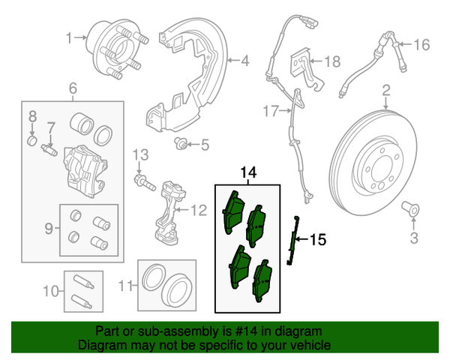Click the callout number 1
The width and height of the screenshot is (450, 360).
(70, 37)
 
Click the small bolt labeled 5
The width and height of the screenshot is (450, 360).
(180, 142)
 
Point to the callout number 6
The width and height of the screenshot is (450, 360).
(73, 91)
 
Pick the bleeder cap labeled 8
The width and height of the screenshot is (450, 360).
(32, 140)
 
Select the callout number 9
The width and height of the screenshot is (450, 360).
(48, 226)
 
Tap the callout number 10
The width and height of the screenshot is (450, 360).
(49, 291)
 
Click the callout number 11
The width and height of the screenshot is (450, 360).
(126, 285)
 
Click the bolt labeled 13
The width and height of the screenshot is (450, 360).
(142, 179)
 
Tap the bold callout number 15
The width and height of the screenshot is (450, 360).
(318, 240)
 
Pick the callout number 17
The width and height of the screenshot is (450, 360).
(270, 112)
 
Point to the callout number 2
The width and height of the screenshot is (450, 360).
(387, 91)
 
